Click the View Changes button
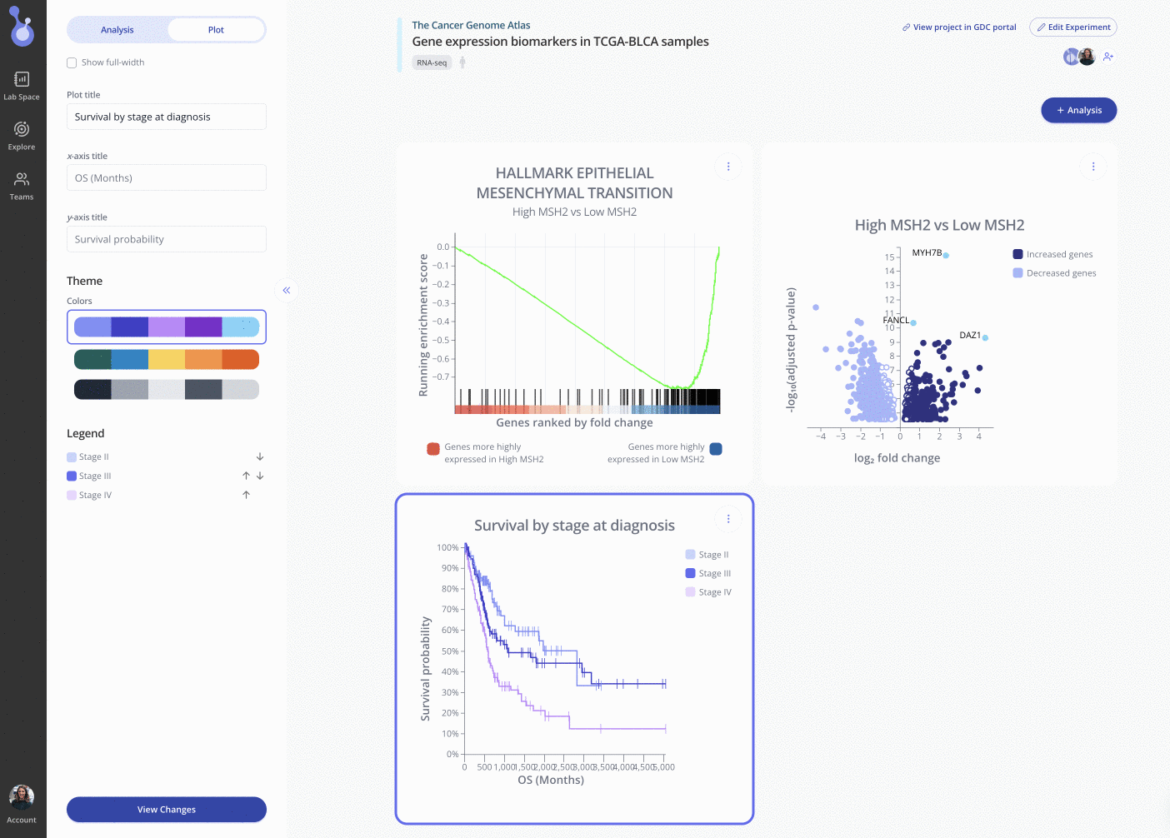click(166, 809)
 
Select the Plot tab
click(216, 30)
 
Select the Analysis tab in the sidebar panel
click(117, 30)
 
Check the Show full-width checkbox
click(72, 62)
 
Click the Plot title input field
click(166, 117)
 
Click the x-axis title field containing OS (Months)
click(166, 177)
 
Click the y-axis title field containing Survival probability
click(166, 239)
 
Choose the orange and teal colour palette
click(166, 359)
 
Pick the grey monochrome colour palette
click(166, 389)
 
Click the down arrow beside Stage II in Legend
click(260, 456)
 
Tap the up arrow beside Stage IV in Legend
click(246, 495)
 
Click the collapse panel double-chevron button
click(286, 290)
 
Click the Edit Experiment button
click(1072, 27)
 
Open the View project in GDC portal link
click(959, 27)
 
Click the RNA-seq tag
click(432, 62)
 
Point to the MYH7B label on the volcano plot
click(927, 252)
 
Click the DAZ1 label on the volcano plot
click(969, 335)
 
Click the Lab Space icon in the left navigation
click(22, 85)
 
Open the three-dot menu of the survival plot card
click(727, 519)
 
